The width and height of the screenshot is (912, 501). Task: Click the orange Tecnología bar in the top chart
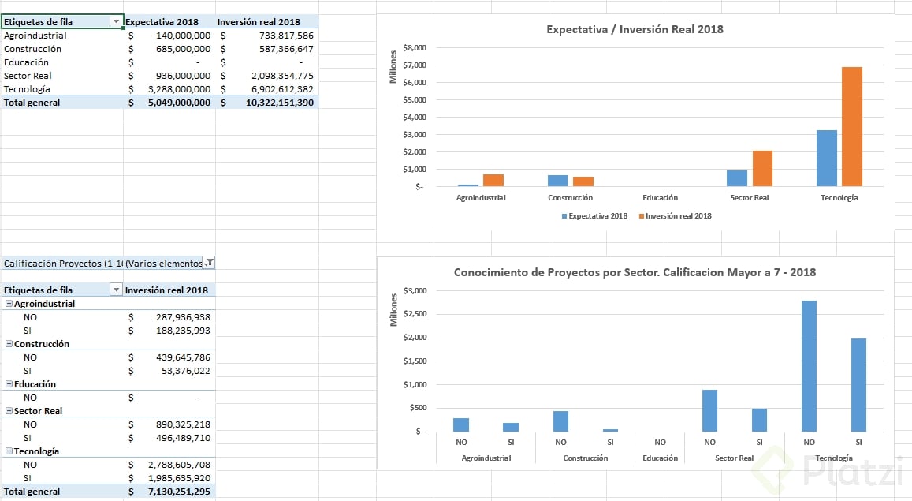point(852,127)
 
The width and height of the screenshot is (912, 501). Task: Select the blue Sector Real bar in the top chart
point(737,178)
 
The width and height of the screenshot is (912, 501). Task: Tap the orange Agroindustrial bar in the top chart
point(493,181)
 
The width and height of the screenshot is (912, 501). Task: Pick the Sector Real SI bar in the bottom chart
point(759,420)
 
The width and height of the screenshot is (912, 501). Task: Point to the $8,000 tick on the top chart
point(414,48)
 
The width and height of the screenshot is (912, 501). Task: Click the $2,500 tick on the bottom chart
point(414,314)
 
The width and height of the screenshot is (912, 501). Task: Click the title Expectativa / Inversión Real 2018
point(635,29)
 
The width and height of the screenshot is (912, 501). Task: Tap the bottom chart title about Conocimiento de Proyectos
point(635,272)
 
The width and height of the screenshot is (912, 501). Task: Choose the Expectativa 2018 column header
point(162,22)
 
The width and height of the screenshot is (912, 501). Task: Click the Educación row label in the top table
point(26,62)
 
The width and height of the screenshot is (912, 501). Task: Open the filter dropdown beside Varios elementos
point(210,263)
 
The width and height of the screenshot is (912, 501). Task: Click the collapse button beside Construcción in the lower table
point(9,344)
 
